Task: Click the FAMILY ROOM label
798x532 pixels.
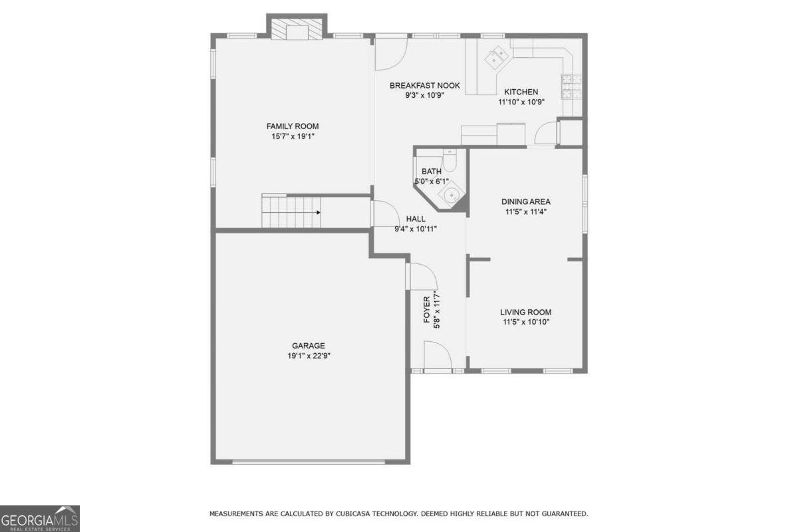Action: click(x=293, y=126)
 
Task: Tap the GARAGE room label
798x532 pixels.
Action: click(x=309, y=346)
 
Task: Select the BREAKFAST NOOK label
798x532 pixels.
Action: click(x=425, y=86)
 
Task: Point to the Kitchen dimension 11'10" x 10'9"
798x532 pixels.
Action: click(x=521, y=102)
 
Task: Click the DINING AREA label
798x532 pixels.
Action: click(x=526, y=201)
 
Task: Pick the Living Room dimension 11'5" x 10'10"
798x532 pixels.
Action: click(x=526, y=322)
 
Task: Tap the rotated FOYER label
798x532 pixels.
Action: click(x=427, y=310)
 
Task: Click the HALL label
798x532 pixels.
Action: click(x=416, y=219)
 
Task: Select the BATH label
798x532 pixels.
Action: click(x=432, y=172)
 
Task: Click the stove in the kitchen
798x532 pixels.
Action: click(x=572, y=86)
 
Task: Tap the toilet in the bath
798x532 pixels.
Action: click(x=450, y=161)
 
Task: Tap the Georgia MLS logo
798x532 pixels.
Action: click(x=39, y=519)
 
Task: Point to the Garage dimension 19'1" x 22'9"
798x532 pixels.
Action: click(x=309, y=356)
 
